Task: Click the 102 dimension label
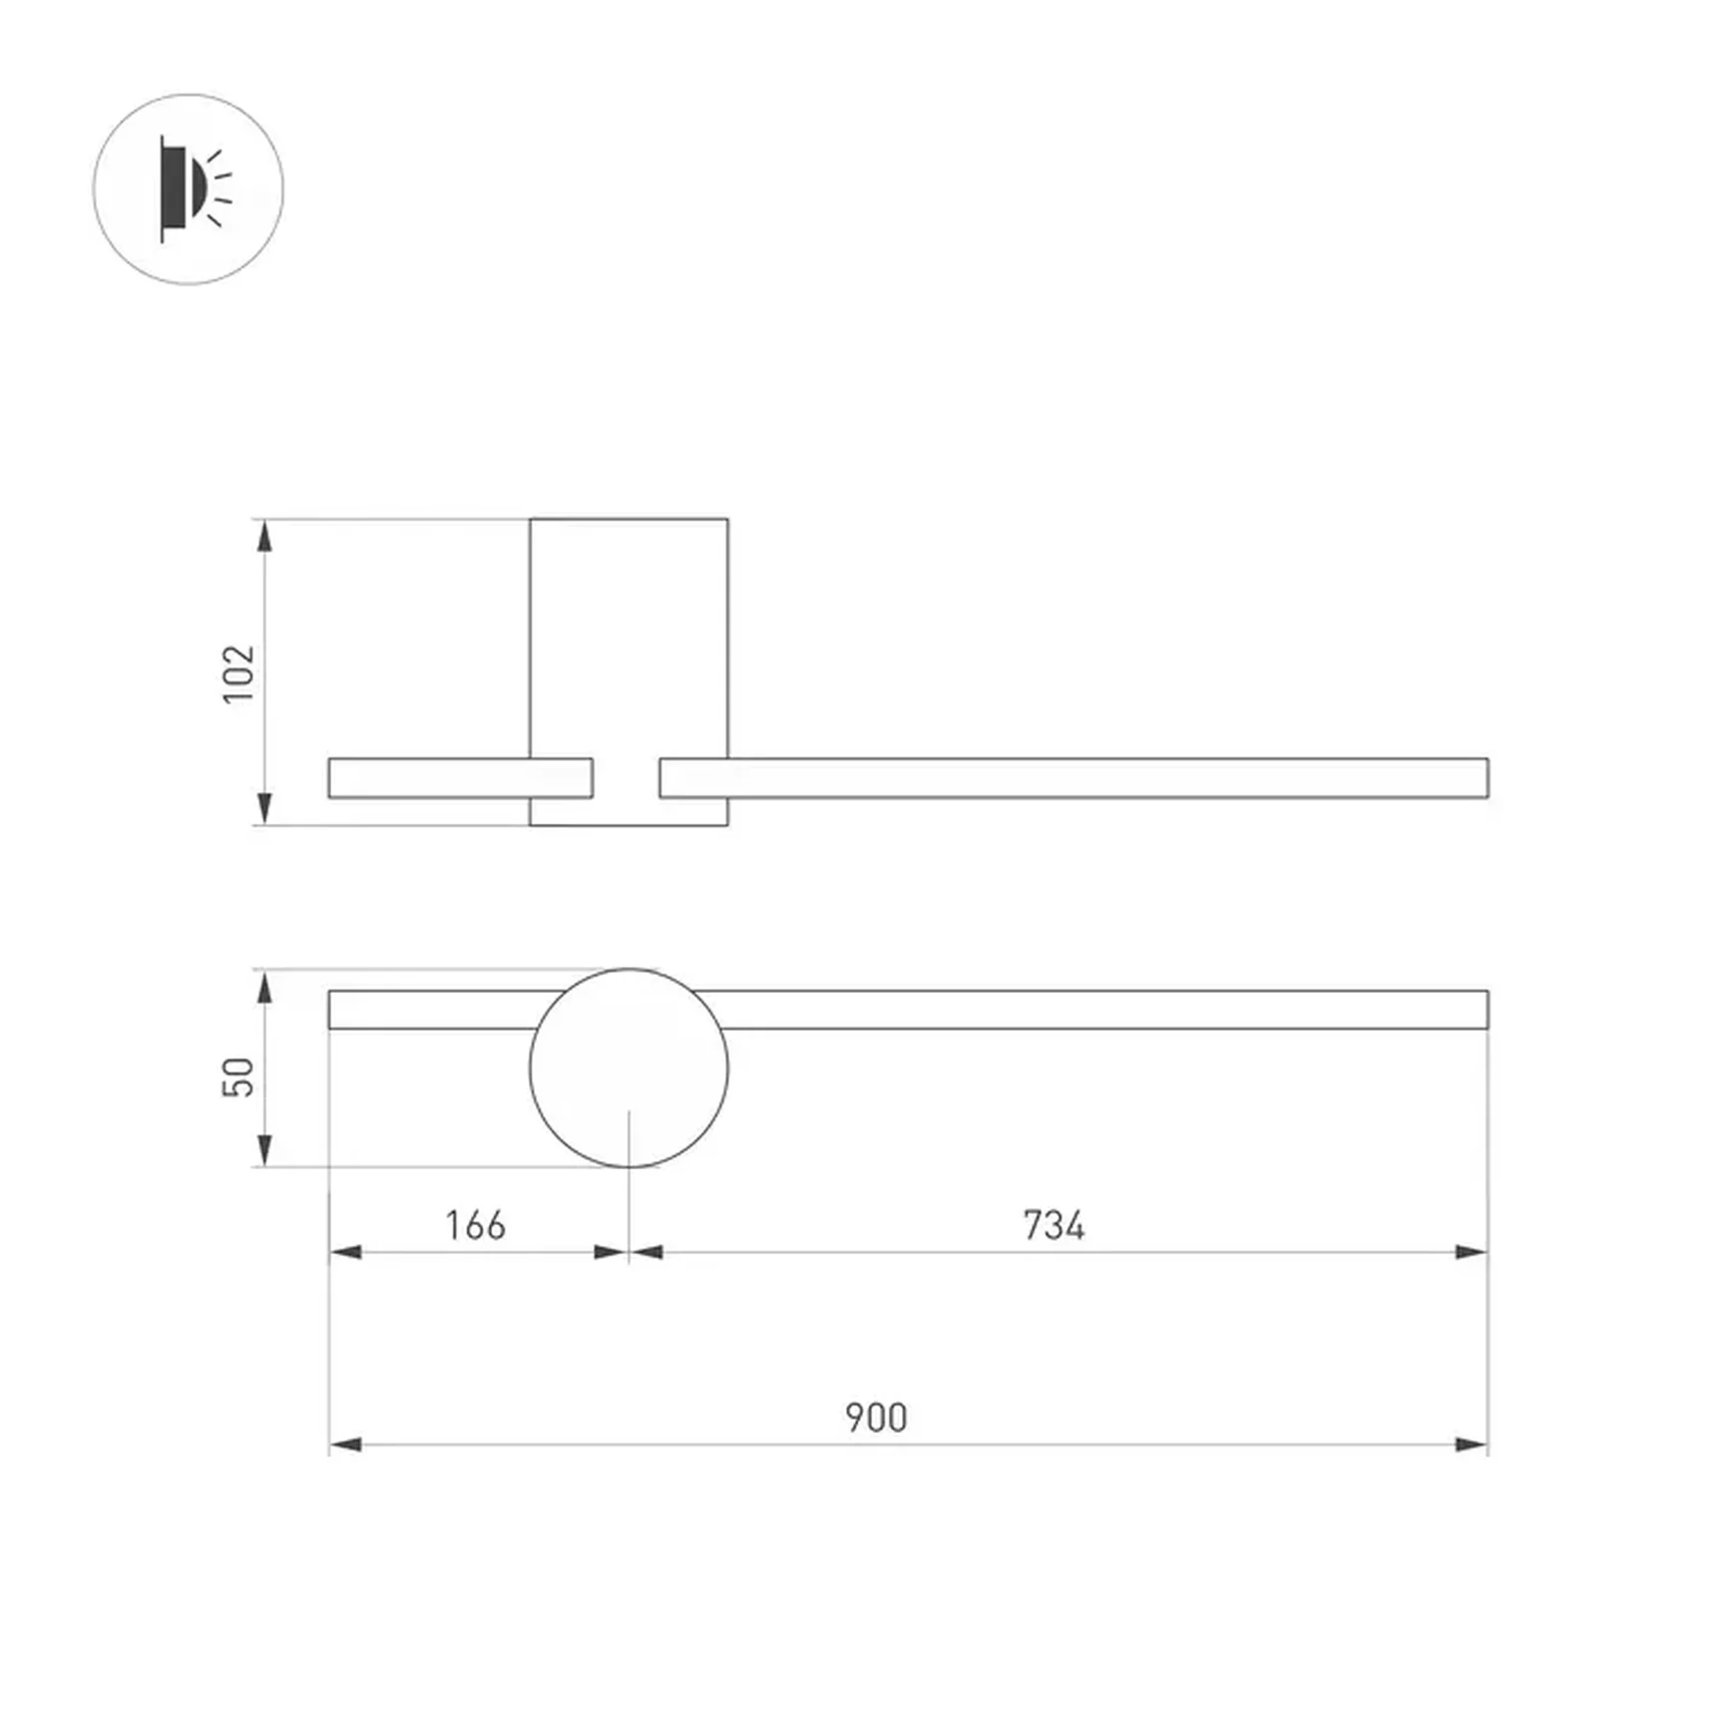(238, 673)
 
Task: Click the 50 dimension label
(238, 1076)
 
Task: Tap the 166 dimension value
(475, 1225)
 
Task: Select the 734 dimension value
(1054, 1225)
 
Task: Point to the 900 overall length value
(876, 1418)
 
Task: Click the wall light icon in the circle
(190, 189)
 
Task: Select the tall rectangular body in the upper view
(629, 639)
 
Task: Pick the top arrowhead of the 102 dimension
(264, 536)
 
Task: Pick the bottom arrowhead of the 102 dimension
(264, 808)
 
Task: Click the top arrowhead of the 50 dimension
(264, 987)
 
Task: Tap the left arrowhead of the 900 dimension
(345, 1445)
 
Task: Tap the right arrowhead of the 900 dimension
(1472, 1445)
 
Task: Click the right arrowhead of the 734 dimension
(1472, 1252)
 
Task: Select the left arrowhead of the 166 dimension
(345, 1252)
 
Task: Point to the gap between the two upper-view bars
(627, 778)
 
